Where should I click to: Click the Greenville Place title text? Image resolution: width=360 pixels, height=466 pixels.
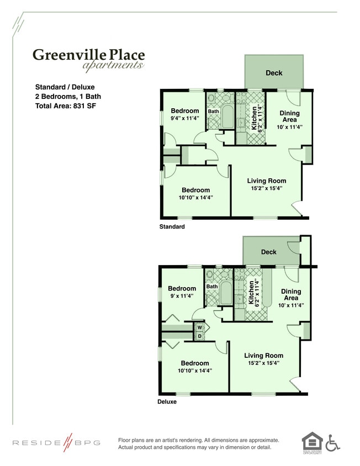click(x=88, y=55)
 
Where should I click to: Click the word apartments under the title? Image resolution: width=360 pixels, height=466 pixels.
click(x=113, y=66)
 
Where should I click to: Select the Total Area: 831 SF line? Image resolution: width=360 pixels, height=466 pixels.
click(x=65, y=105)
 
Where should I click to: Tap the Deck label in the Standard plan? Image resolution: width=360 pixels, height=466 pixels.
click(x=274, y=73)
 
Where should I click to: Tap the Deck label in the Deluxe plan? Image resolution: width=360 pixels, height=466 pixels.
click(x=268, y=252)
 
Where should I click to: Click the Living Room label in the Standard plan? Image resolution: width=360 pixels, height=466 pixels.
click(x=267, y=181)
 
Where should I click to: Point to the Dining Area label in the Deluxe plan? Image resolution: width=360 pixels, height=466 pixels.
click(x=291, y=295)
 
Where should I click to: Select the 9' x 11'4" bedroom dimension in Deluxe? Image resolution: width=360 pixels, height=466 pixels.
click(x=182, y=296)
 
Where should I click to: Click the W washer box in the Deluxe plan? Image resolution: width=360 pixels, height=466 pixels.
click(x=199, y=327)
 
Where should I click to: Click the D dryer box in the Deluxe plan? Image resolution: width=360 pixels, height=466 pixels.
click(x=199, y=336)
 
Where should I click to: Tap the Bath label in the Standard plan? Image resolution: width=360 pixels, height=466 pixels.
click(x=214, y=111)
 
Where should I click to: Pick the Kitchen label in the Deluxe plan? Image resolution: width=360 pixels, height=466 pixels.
click(x=251, y=293)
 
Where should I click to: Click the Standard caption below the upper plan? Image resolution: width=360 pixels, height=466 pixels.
click(x=172, y=226)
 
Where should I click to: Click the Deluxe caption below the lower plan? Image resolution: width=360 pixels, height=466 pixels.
click(x=167, y=401)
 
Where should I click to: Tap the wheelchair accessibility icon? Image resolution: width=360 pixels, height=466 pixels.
click(x=332, y=442)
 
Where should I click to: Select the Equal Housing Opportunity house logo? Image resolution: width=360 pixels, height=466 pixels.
click(x=312, y=442)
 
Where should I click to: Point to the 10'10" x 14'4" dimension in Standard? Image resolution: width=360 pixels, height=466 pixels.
click(x=195, y=197)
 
